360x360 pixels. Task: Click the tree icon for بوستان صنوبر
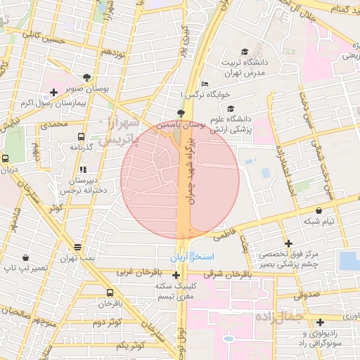(87, 77)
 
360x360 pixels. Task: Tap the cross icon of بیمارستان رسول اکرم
(53, 92)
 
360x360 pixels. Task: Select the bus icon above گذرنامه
(82, 137)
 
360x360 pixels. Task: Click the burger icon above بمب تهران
(78, 247)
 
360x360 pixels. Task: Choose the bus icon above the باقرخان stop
(109, 293)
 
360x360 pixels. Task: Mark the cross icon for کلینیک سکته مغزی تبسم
(176, 274)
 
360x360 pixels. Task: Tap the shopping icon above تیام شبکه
(320, 210)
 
